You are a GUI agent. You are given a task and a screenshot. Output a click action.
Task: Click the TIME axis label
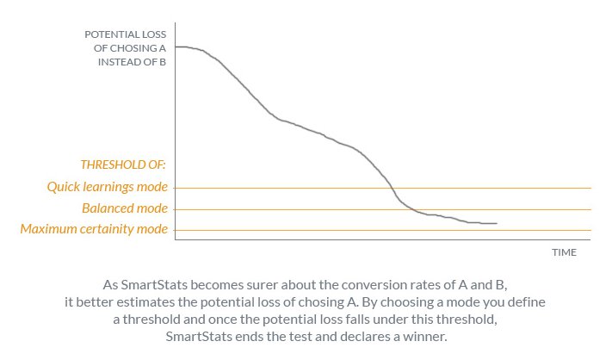click(564, 252)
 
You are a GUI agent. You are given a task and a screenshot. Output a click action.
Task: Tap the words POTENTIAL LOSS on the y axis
click(126, 34)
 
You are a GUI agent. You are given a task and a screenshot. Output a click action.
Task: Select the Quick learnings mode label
click(108, 187)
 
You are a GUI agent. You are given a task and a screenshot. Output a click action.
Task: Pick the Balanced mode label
click(125, 208)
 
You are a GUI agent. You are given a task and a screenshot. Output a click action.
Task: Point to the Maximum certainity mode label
click(94, 229)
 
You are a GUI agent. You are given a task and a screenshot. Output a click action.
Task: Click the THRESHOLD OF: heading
click(123, 164)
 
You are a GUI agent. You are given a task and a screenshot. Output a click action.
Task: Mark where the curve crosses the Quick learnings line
click(392, 189)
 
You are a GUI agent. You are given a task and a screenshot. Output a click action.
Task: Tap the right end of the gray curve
click(497, 223)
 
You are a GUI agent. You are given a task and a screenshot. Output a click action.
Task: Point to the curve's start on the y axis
click(176, 47)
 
